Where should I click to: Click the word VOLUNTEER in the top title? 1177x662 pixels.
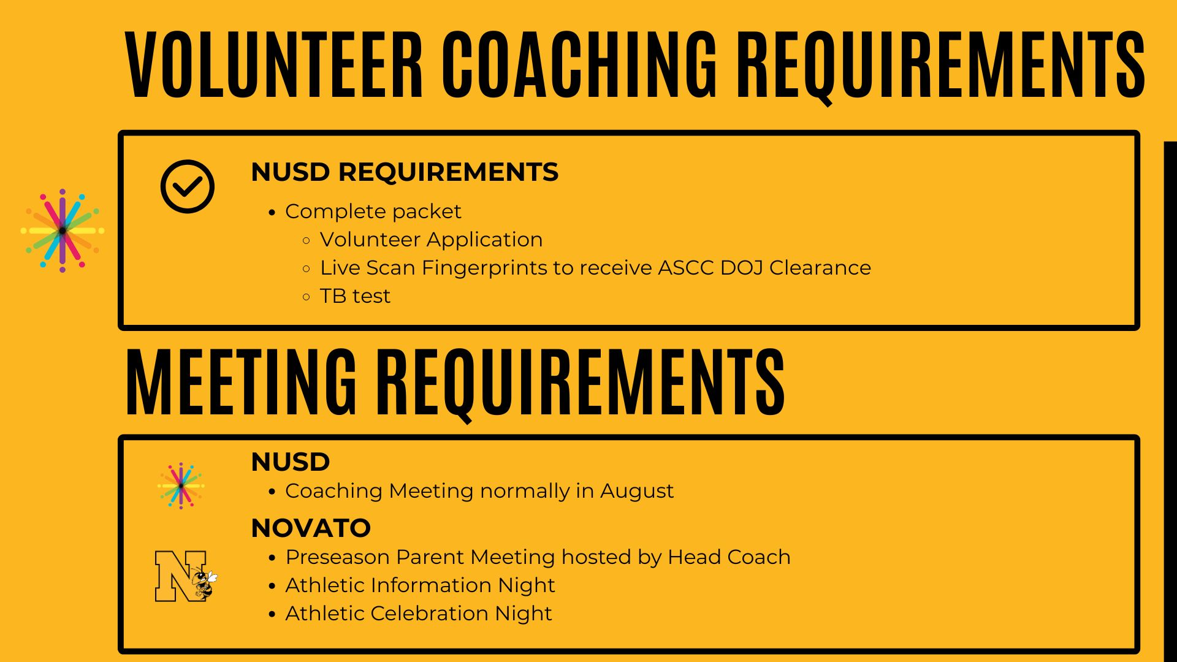(x=274, y=64)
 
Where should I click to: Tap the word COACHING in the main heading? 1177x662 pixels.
(x=579, y=64)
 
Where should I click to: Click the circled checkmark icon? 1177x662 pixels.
(x=188, y=186)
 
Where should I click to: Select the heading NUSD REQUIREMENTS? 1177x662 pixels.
(x=405, y=172)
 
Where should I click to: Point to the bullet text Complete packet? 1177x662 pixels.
(x=373, y=211)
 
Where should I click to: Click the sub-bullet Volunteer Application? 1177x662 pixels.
(x=431, y=240)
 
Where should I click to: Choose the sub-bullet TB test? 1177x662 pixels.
(x=355, y=296)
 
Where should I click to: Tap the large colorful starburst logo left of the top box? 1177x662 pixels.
(x=63, y=230)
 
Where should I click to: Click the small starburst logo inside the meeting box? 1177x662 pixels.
(x=181, y=485)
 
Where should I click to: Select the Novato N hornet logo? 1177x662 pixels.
(x=186, y=576)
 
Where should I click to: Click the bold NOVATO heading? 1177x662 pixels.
(x=311, y=528)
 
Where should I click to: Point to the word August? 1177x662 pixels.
(x=636, y=491)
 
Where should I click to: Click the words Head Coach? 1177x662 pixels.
(x=729, y=557)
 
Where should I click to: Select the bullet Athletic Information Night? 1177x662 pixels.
(x=420, y=585)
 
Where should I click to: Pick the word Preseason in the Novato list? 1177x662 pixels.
(x=338, y=557)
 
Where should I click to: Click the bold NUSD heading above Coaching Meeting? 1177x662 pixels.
(x=291, y=462)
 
